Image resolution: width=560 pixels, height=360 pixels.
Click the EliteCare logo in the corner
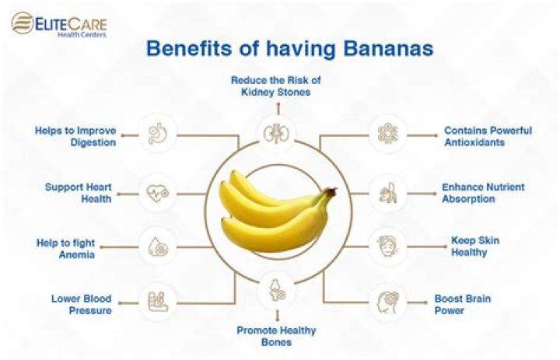[59, 24]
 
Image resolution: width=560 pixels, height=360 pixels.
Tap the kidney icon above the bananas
[271, 131]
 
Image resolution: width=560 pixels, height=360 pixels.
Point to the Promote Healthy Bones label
[276, 336]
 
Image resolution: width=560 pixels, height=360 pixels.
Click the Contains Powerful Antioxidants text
[488, 136]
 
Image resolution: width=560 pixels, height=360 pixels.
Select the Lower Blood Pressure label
[82, 304]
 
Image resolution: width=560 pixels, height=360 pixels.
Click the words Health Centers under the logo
[85, 35]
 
